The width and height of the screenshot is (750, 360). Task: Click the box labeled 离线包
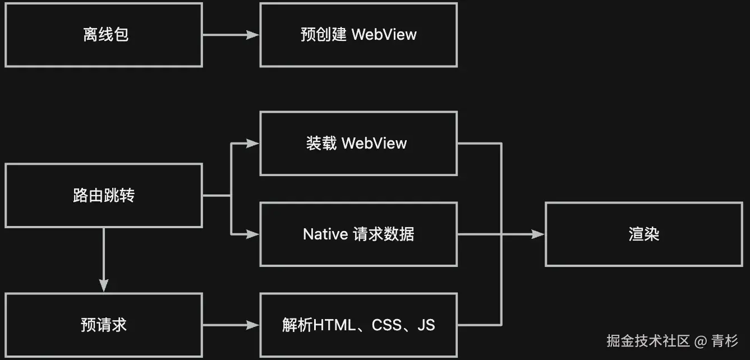[x=103, y=35]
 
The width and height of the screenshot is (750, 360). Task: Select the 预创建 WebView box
[x=358, y=35]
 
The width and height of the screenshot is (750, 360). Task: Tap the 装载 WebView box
[x=358, y=143]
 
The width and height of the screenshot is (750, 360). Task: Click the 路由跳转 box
[x=103, y=196]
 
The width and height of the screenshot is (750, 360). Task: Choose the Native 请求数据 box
[x=358, y=234]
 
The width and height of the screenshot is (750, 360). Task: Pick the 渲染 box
[x=643, y=234]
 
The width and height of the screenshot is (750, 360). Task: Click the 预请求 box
[x=103, y=325]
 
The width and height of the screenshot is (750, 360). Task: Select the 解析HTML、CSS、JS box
[x=358, y=325]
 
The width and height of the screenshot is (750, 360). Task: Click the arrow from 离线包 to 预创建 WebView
[x=230, y=35]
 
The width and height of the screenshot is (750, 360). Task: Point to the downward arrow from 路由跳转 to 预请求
[x=103, y=258]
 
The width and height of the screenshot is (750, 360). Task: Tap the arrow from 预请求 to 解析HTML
[x=230, y=325]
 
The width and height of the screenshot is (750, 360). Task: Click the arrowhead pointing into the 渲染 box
[x=539, y=234]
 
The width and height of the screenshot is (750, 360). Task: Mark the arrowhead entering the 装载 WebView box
[x=254, y=143]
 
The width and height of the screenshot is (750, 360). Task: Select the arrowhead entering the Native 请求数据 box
[x=254, y=234]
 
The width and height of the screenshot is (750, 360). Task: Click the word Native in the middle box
[x=325, y=234]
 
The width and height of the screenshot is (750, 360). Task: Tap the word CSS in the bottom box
[x=387, y=325]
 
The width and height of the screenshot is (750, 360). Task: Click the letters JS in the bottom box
[x=426, y=325]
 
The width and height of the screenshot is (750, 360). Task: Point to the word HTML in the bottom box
[x=334, y=325]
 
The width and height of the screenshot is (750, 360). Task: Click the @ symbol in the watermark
[x=701, y=340]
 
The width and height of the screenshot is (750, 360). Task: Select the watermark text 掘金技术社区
[x=648, y=340]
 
